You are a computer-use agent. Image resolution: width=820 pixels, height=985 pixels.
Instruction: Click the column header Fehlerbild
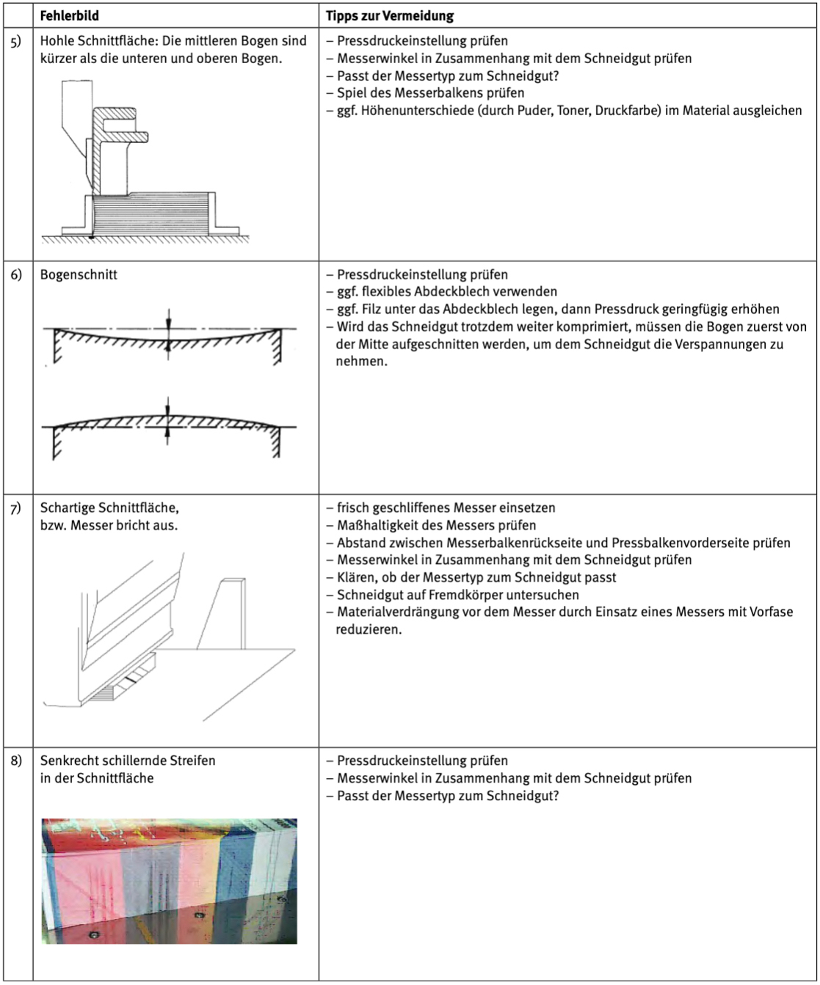point(69,15)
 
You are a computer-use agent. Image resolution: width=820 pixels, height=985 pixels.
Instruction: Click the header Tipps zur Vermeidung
point(390,15)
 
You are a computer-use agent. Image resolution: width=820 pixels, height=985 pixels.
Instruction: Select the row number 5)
point(16,41)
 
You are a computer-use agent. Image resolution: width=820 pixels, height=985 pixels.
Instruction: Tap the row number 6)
point(16,275)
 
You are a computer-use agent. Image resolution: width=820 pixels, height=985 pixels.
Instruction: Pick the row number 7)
point(16,508)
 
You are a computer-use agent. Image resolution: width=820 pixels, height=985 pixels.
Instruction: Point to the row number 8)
point(16,761)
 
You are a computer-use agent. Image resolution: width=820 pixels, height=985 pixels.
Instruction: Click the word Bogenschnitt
point(79,275)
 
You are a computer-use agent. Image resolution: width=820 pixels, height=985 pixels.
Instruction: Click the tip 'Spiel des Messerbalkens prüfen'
point(430,93)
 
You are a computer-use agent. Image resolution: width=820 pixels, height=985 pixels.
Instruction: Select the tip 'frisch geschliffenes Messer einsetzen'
point(446,508)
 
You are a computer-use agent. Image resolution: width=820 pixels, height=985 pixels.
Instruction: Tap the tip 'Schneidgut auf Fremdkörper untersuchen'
point(457,595)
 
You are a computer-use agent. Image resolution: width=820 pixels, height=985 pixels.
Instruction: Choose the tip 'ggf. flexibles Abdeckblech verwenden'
point(446,292)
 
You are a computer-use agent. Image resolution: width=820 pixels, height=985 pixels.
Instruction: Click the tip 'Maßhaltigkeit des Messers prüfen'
point(436,525)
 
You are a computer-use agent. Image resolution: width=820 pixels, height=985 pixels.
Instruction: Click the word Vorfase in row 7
point(770,612)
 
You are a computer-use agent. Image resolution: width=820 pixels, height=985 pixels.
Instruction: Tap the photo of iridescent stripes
point(169,881)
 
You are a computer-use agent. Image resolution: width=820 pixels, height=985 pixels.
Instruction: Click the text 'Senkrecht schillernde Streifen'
point(128,761)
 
